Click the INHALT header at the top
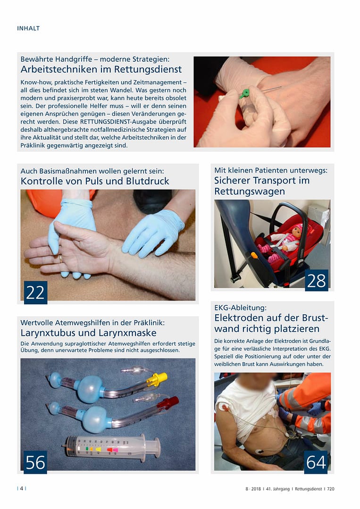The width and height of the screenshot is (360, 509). pos(28,28)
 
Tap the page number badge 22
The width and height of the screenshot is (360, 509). pos(35,292)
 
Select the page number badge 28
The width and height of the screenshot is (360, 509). pos(316,281)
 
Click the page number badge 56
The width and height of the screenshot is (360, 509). pos(35,462)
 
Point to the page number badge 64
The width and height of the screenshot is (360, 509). pos(316,462)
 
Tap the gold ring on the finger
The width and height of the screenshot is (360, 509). pos(60,258)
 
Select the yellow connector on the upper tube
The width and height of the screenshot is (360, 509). pos(159,379)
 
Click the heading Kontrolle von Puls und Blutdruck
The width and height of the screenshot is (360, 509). pos(94,181)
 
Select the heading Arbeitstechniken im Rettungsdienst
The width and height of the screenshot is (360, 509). pos(101,69)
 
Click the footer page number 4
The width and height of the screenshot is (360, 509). pos(22,489)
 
